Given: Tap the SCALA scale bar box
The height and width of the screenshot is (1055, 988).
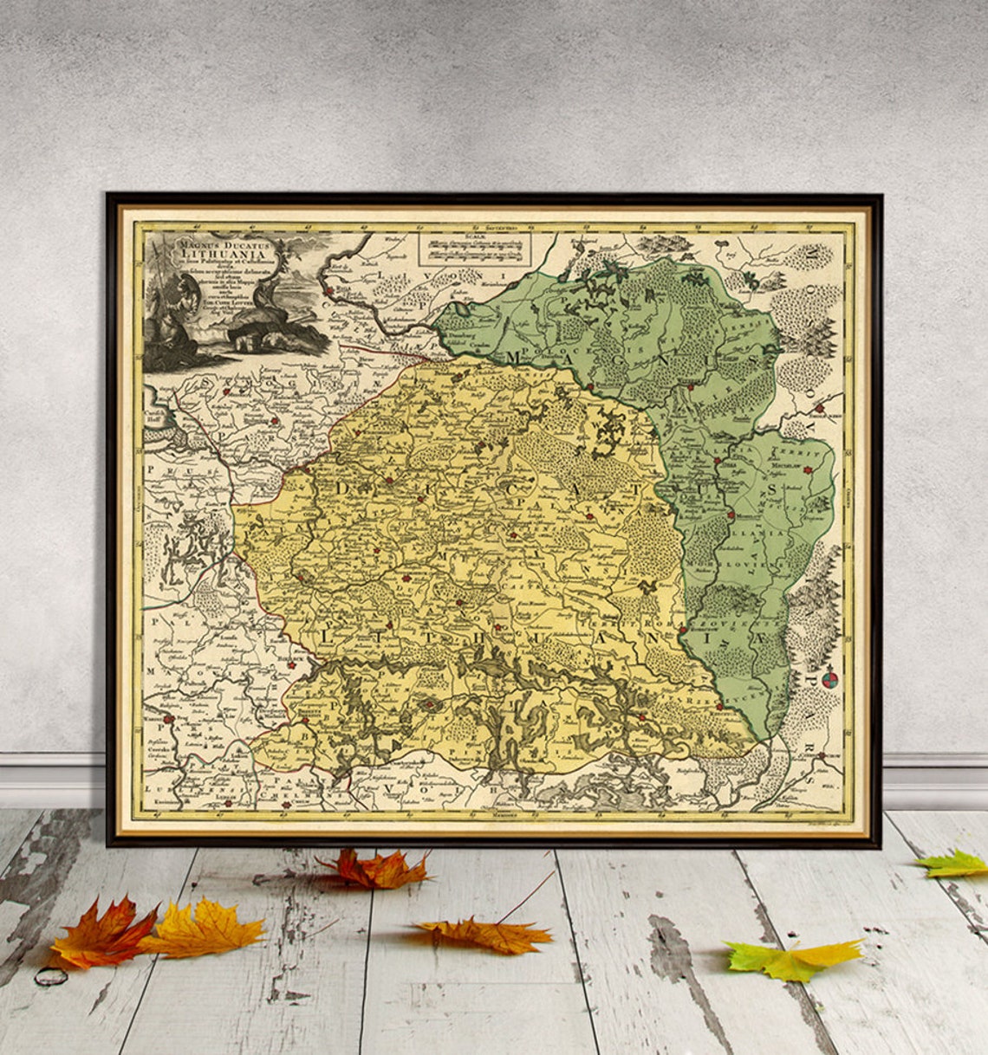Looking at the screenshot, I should pyautogui.click(x=474, y=247).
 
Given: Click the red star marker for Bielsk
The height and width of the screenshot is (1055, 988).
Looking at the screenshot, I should pyautogui.click(x=292, y=664).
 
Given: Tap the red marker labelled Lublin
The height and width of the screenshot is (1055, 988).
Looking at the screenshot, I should pyautogui.click(x=171, y=718).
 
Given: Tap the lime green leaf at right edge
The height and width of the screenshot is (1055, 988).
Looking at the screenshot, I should pyautogui.click(x=953, y=864).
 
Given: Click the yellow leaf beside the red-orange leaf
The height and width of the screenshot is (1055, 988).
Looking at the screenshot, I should pyautogui.click(x=208, y=929).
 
